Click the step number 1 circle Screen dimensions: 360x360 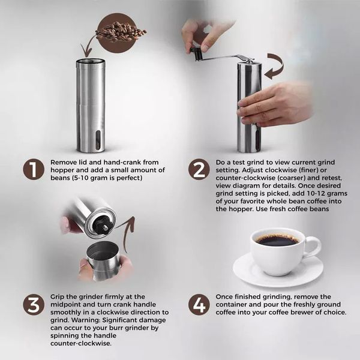point(33,169)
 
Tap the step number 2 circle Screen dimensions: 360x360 point(199,169)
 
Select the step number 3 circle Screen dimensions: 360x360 point(33,304)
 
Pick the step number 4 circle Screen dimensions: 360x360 point(199,304)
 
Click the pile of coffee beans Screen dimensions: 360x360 point(120,32)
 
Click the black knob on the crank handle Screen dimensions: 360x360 point(196,53)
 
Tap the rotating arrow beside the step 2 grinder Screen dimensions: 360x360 point(275,65)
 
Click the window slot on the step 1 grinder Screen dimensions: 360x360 point(98,140)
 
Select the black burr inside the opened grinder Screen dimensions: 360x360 point(102,226)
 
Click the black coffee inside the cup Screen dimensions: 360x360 point(277,240)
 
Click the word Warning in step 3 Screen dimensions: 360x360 point(86,320)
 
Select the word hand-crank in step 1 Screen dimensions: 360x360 point(122,163)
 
